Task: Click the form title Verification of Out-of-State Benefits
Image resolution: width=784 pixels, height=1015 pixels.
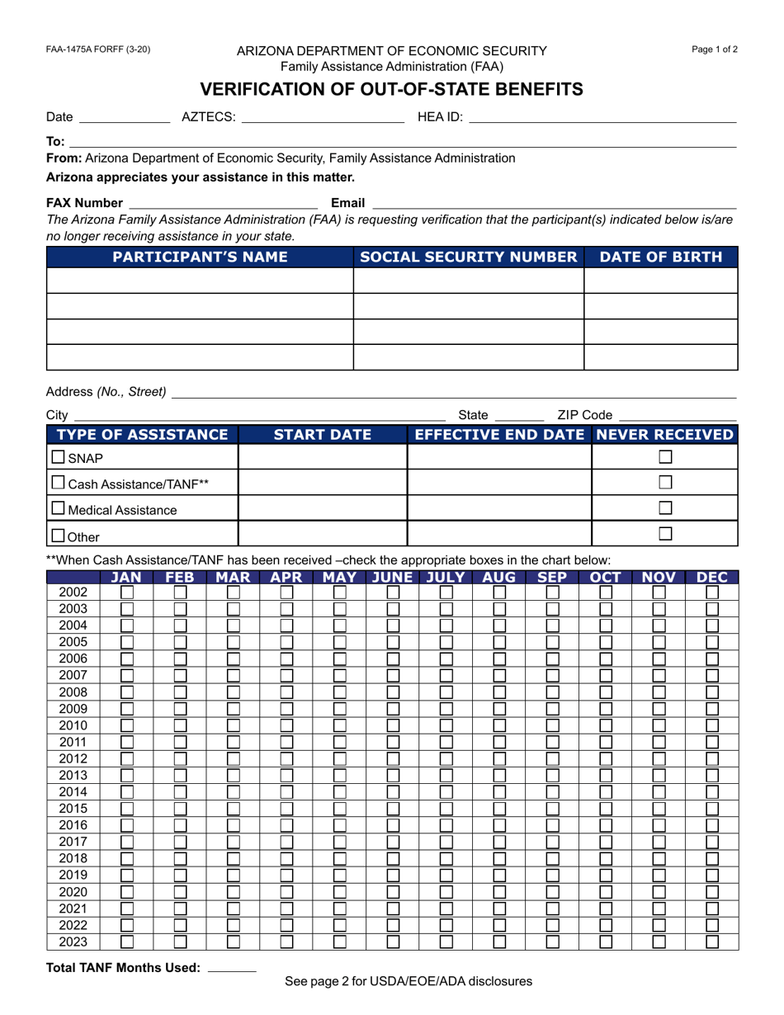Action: pos(392,89)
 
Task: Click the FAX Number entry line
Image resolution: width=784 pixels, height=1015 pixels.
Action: pos(224,203)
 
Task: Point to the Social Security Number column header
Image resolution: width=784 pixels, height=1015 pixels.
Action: pos(468,257)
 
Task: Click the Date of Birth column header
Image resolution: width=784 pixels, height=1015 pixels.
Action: pos(660,257)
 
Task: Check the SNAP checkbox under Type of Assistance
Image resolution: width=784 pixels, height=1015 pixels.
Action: pos(58,457)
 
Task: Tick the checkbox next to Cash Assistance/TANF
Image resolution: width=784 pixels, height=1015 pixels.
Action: pos(58,483)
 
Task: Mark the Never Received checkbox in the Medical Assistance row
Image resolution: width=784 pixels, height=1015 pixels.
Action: pos(665,508)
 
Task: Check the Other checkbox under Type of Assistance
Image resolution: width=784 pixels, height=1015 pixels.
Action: pos(58,535)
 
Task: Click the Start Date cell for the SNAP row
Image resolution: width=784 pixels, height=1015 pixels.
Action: pos(322,457)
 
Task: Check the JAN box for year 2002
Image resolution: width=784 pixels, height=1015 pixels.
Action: pos(127,592)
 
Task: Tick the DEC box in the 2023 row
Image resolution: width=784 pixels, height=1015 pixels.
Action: pos(712,942)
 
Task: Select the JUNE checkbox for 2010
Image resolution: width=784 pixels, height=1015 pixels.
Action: pos(394,725)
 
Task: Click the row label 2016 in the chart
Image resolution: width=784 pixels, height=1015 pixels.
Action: pos(73,825)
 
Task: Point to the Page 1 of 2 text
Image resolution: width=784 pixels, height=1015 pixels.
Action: pos(715,50)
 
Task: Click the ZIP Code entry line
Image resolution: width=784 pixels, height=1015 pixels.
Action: pos(677,417)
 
